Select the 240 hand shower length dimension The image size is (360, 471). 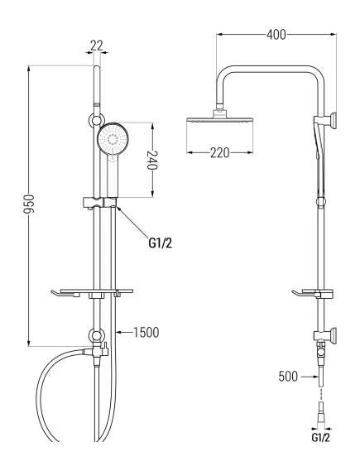(x=152, y=160)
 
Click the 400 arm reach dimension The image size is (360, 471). (x=276, y=35)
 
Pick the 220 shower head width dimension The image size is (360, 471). (x=219, y=152)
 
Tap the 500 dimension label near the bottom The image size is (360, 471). (x=289, y=376)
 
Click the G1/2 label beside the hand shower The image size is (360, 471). (x=160, y=243)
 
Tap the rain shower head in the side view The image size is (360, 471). (x=219, y=121)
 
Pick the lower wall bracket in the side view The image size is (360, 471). (x=325, y=336)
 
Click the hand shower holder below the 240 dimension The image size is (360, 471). (x=101, y=201)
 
